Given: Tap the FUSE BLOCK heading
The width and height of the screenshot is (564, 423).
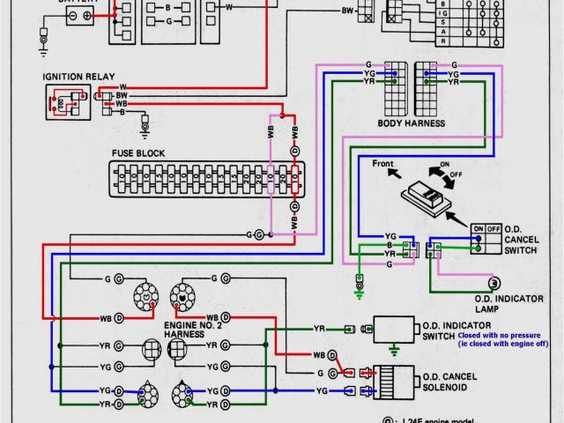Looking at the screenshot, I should click(137, 152).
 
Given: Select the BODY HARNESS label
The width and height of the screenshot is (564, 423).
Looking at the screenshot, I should click(411, 122).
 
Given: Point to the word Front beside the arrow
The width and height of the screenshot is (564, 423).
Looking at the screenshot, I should click(382, 164).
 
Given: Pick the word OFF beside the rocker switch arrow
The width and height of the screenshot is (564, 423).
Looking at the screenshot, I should click(457, 174).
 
